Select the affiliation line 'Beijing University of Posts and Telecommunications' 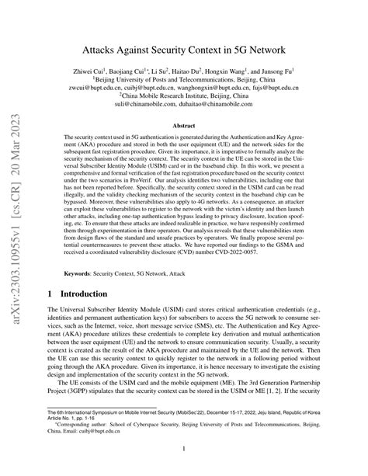(186, 78)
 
